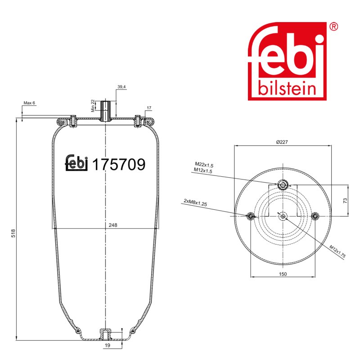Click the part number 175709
pos(119,164)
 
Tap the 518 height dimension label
pos(13,233)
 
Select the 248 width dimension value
pos(113,225)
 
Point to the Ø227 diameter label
pos(282,142)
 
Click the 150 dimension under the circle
pos(283,274)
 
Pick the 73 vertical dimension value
pos(345,201)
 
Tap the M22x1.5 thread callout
pos(204,165)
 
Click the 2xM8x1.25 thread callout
pos(195,202)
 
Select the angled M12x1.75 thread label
pos(337,252)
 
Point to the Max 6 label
pos(29,103)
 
